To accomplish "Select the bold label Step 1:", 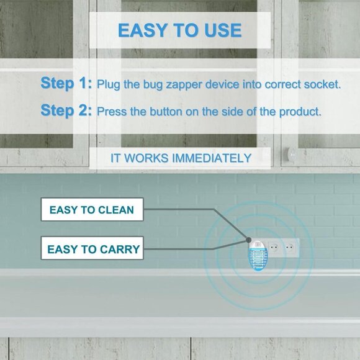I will tap(66, 83).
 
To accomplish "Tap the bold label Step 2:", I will tap(66, 111).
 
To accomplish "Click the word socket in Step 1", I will tap(320, 84).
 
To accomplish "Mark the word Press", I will tap(112, 112).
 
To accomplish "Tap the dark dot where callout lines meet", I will tap(248, 239).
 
